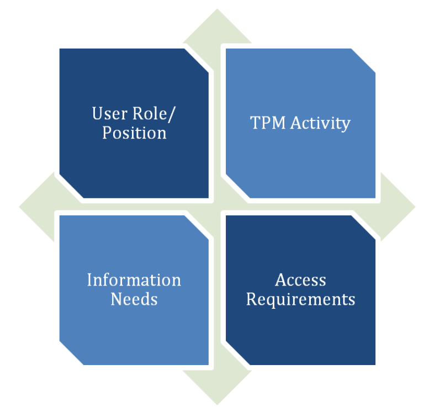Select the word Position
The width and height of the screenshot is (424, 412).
pyautogui.click(x=134, y=133)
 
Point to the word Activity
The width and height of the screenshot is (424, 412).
pyautogui.click(x=320, y=123)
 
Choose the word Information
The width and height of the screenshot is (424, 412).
pyautogui.click(x=134, y=280)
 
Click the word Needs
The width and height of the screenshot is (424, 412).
pyautogui.click(x=134, y=299)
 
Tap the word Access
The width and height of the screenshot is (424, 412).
pyautogui.click(x=300, y=280)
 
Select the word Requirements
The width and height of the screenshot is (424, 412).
pyautogui.click(x=300, y=299)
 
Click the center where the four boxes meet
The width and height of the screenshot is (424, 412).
pyautogui.click(x=217, y=207)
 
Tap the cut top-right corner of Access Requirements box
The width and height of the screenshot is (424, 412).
pyautogui.click(x=364, y=226)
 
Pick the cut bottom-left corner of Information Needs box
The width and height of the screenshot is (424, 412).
pyautogui.click(x=71, y=353)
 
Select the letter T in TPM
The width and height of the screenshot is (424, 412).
pyautogui.click(x=255, y=123)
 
